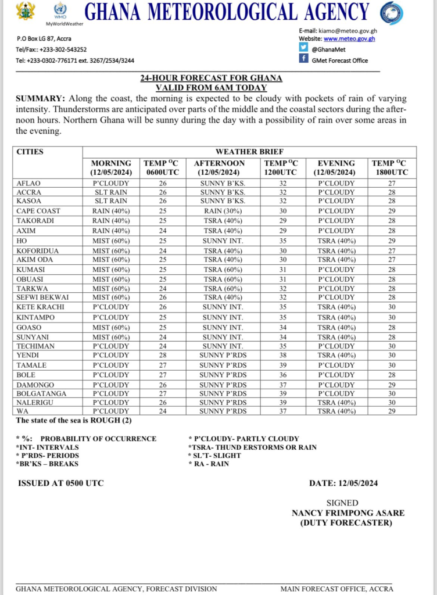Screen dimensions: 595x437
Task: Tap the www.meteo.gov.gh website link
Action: point(349,39)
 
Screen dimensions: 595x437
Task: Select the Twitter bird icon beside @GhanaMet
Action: point(303,49)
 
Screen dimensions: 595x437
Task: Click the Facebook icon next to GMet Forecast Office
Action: point(303,59)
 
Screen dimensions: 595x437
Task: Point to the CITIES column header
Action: point(30,152)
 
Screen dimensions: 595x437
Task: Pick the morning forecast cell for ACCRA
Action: point(111,192)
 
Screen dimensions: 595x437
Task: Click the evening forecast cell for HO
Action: point(336,240)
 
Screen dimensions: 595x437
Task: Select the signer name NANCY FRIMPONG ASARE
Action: point(348,513)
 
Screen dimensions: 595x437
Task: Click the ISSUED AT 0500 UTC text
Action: point(61,483)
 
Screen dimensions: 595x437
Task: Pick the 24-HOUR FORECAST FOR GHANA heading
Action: point(211,78)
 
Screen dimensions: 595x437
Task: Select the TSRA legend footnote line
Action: point(253,447)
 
